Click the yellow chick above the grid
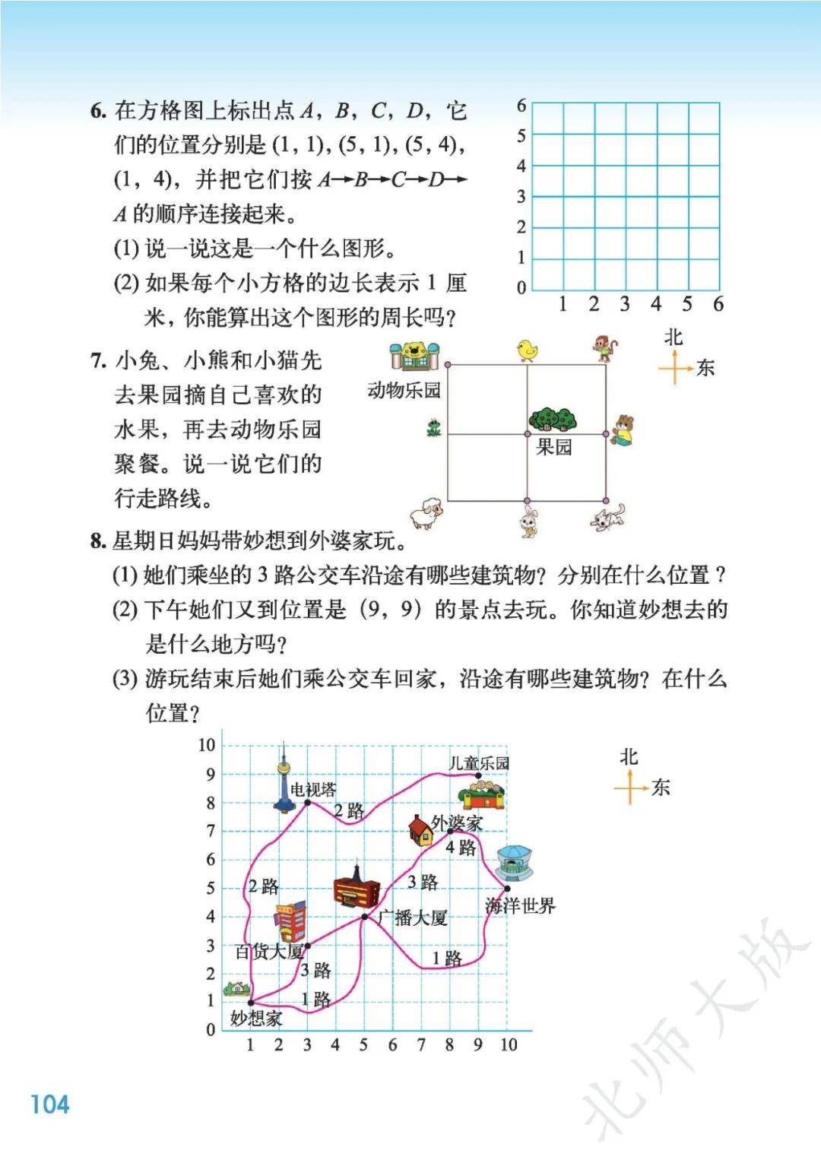pos(526,350)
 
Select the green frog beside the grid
pos(434,428)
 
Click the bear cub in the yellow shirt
pos(623,430)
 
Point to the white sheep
pos(426,514)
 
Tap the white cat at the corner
pos(609,517)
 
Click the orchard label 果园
pos(554,447)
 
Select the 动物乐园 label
pos(404,391)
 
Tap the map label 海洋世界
pos(521,906)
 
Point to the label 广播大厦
pos(413,918)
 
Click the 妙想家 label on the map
pos(256,1019)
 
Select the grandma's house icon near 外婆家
pos(420,830)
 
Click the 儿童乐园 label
pos(479,763)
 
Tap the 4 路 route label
pos(461,848)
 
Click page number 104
pos(49,1104)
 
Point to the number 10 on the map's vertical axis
pos(207,745)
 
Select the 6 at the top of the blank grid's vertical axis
pos(521,106)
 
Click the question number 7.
pos(98,360)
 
